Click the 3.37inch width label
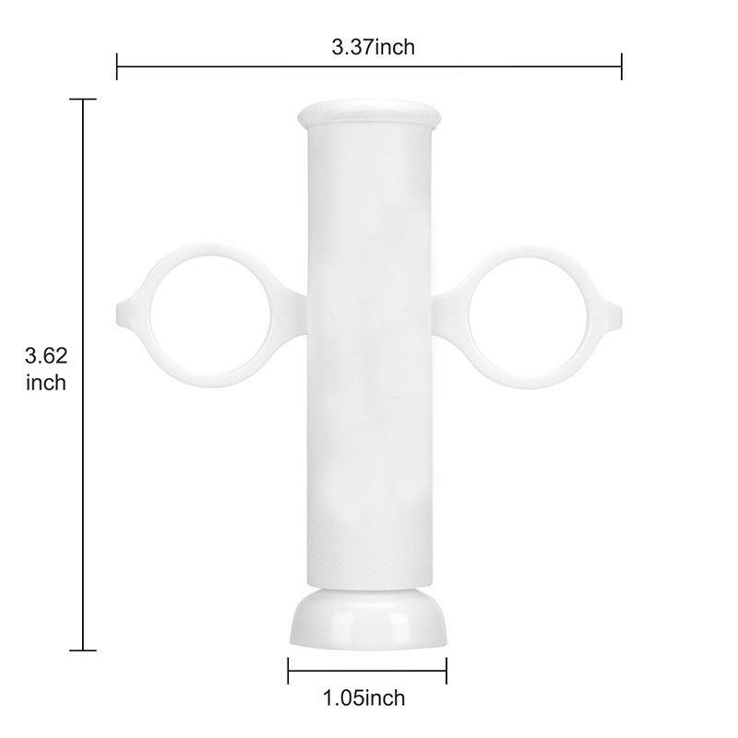point(373,48)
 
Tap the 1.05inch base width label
point(364,697)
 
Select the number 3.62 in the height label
point(46,356)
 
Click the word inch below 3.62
point(46,382)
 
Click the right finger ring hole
point(528,316)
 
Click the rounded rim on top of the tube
point(369,116)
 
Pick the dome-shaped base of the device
point(369,619)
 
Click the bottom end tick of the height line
point(84,650)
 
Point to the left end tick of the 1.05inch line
point(289,670)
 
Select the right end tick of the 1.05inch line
point(447,670)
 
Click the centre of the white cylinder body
point(369,360)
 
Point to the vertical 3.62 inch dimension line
point(84,231)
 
